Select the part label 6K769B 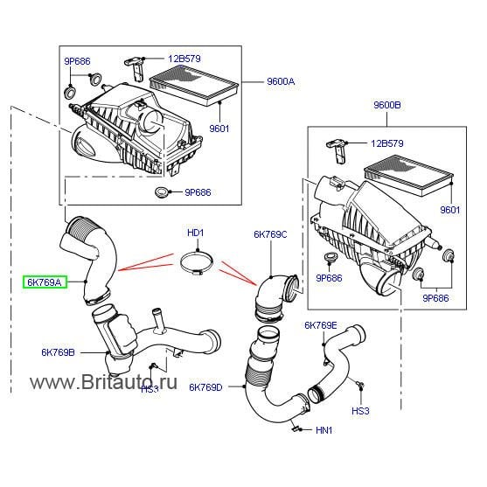point(59,353)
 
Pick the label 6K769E point(320,325)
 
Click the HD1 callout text point(195,233)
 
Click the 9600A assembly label point(281,81)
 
